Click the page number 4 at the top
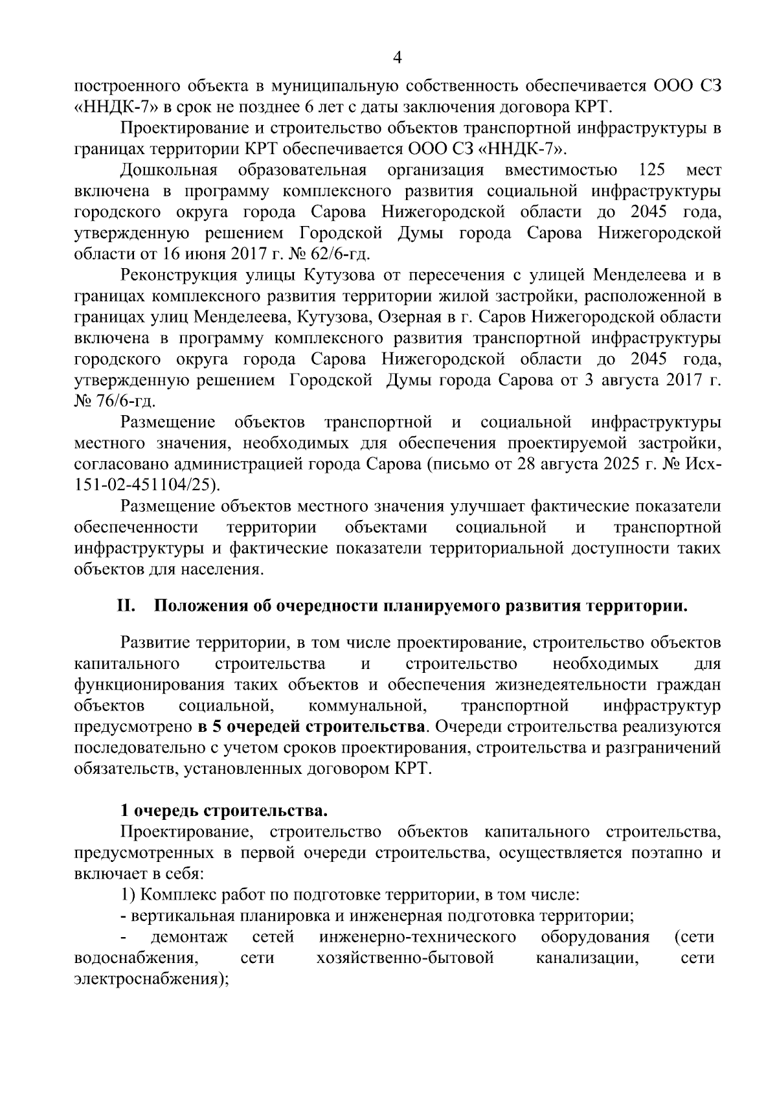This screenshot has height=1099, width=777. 398,58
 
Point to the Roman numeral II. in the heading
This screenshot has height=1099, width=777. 126,607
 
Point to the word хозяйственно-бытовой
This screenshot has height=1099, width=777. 405,958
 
